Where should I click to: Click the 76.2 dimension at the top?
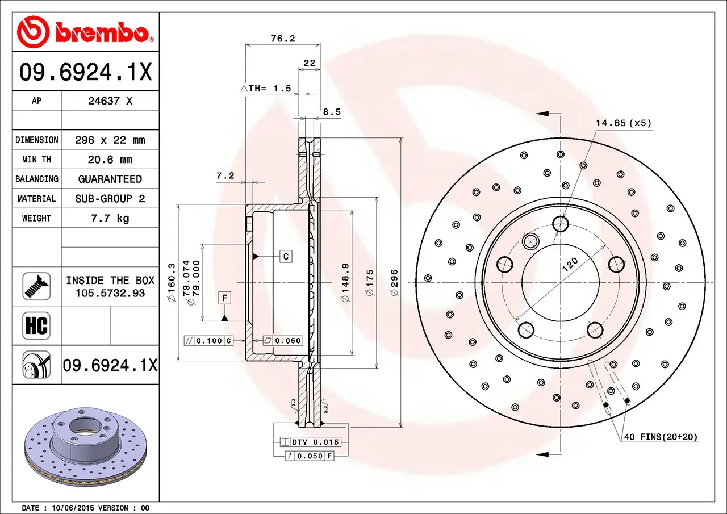coord(283,39)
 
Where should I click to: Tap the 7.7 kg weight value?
coord(110,218)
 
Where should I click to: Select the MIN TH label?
coord(36,160)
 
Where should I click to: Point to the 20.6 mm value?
coord(110,160)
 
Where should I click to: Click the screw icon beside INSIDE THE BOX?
coord(36,286)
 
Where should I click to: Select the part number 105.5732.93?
coord(110,293)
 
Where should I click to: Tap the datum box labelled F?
coord(225,298)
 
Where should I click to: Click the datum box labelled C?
coord(286,257)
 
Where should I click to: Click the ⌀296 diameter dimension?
coord(395,282)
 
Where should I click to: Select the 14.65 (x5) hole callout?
coord(623,123)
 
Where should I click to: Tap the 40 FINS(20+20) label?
coord(661,437)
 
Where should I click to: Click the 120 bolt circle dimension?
coord(570,264)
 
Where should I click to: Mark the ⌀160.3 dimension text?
coord(171,282)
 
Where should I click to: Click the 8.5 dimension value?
coord(332,112)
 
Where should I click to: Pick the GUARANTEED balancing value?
coord(110,179)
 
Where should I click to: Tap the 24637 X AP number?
coord(110,101)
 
